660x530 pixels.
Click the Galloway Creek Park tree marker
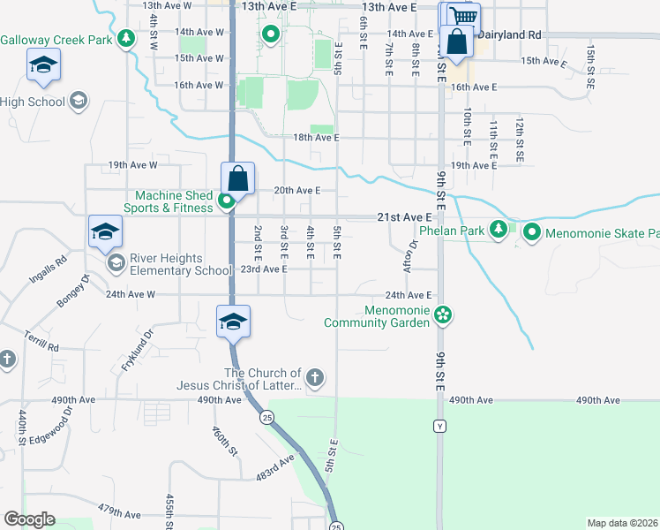pyautogui.click(x=127, y=39)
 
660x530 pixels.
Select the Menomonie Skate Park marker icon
pyautogui.click(x=531, y=233)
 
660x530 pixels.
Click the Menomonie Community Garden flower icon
pyautogui.click(x=444, y=315)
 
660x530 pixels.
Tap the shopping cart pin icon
pyautogui.click(x=462, y=16)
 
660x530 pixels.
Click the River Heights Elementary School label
pyautogui.click(x=180, y=263)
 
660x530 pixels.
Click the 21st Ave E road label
pyautogui.click(x=405, y=216)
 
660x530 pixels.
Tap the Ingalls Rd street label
pyautogui.click(x=48, y=268)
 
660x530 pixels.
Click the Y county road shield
pyautogui.click(x=439, y=427)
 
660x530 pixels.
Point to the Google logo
pyautogui.click(x=29, y=519)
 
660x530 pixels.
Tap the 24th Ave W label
pyautogui.click(x=131, y=294)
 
